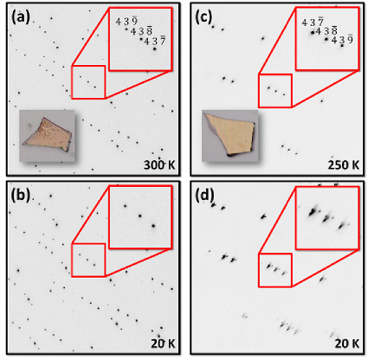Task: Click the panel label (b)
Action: pyautogui.click(x=21, y=196)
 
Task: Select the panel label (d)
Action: pyautogui.click(x=204, y=196)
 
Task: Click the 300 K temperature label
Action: pyautogui.click(x=159, y=165)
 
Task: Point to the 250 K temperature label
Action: pyautogui.click(x=344, y=165)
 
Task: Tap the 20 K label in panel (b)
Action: pyautogui.click(x=163, y=344)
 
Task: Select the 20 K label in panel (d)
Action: pyautogui.click(x=347, y=344)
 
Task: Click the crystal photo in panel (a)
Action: pyautogui.click(x=48, y=136)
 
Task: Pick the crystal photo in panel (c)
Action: pyautogui.click(x=230, y=136)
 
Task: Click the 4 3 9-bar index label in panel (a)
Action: pyautogui.click(x=126, y=21)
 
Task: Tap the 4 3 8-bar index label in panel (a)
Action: pyautogui.click(x=141, y=31)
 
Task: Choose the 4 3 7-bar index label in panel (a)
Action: pyautogui.click(x=155, y=41)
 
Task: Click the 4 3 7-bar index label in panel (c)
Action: pyautogui.click(x=313, y=22)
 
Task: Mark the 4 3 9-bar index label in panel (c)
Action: pyautogui.click(x=342, y=39)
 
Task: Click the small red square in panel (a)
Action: pyautogui.click(x=72, y=82)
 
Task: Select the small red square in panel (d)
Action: pyautogui.click(x=258, y=270)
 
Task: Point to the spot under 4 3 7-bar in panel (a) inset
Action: pyautogui.click(x=155, y=49)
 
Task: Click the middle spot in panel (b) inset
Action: pyautogui.click(x=140, y=215)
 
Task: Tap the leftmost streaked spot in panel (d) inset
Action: pyautogui.click(x=313, y=212)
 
